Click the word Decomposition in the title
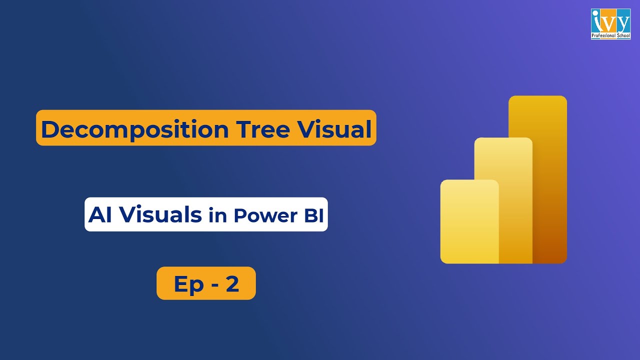pos(134,129)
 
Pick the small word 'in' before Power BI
pos(217,215)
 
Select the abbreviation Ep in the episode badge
pos(188,284)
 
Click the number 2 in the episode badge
pos(232,283)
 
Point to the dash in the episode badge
pos(212,284)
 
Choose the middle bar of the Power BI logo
pos(503,200)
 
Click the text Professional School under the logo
pos(610,36)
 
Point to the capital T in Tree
pos(244,129)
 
